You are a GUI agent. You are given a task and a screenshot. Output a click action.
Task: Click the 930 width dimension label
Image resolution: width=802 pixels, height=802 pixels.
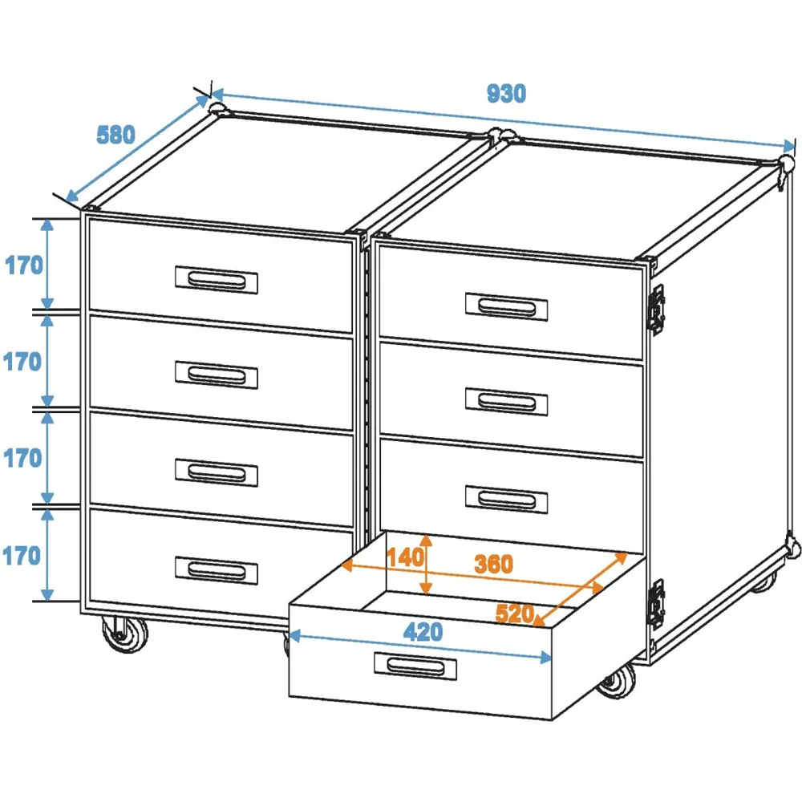(x=506, y=94)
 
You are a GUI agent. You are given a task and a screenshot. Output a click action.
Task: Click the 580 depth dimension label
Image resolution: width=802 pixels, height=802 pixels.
(x=116, y=135)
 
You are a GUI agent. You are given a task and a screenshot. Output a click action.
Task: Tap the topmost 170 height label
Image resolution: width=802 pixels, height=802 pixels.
(x=23, y=265)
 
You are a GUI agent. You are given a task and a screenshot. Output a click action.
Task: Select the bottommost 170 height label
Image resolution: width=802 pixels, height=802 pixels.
(x=22, y=556)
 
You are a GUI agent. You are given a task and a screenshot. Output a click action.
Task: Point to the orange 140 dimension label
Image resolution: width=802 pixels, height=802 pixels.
(x=404, y=557)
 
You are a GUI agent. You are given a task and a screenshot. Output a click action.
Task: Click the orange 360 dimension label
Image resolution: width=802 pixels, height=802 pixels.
(x=493, y=564)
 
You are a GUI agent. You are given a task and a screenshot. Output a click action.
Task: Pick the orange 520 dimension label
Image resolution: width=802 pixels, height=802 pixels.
(x=515, y=614)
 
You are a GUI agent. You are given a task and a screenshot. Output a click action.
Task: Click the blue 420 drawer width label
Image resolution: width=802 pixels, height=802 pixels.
(x=423, y=632)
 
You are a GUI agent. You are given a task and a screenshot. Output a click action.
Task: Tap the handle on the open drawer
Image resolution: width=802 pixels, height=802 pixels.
(x=415, y=666)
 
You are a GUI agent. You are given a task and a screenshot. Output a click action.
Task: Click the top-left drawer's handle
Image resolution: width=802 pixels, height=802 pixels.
(x=217, y=280)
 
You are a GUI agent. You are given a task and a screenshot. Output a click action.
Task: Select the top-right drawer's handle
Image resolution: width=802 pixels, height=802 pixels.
(x=506, y=307)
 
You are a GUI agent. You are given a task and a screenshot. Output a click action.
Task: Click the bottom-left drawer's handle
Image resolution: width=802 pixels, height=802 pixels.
(x=217, y=570)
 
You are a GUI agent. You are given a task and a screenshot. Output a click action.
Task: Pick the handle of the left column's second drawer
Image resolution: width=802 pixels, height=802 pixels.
(x=217, y=375)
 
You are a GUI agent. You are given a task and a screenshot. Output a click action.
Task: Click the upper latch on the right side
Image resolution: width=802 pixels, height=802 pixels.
(x=657, y=310)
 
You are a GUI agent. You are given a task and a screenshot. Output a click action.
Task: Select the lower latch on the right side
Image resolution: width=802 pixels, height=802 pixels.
(x=657, y=604)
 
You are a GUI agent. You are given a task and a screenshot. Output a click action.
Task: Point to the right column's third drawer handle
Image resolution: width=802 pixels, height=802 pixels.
(x=506, y=499)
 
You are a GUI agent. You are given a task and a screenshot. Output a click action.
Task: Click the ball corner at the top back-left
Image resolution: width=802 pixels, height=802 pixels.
(x=219, y=108)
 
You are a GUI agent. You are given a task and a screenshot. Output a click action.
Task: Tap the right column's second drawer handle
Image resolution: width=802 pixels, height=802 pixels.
(x=506, y=402)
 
